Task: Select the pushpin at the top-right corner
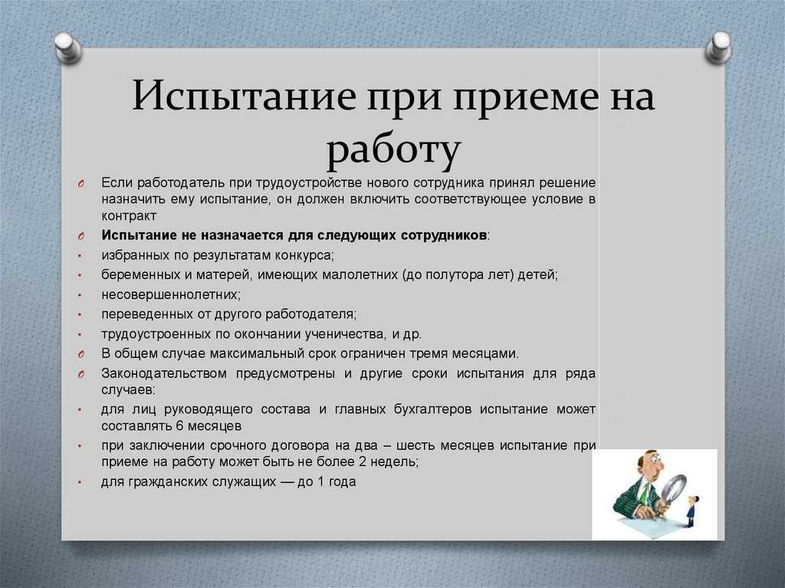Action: coord(718,47)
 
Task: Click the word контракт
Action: coord(129,216)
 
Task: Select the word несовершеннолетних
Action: coord(170,294)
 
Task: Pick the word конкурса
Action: coord(304,255)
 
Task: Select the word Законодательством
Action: coord(164,373)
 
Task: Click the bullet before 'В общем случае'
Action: coord(80,354)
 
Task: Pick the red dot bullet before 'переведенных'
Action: coord(80,315)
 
